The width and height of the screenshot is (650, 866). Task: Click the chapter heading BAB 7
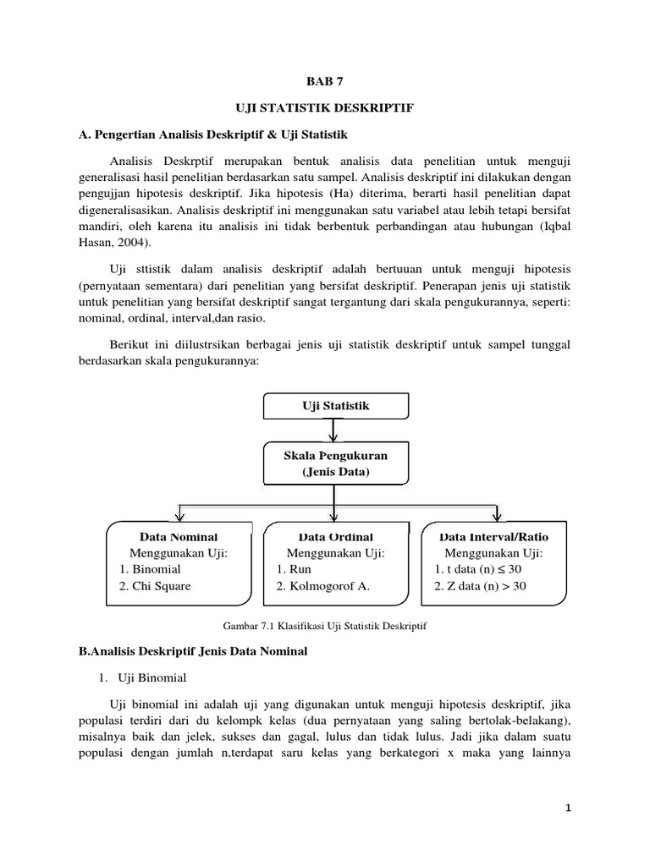coord(326,81)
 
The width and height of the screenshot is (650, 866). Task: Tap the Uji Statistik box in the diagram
coord(335,407)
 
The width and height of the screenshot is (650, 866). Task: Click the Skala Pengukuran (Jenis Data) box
coord(335,463)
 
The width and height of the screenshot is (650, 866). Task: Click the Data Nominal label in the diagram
coord(178,537)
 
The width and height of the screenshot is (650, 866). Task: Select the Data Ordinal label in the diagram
coord(335,537)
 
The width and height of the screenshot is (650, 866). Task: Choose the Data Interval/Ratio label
coord(493,537)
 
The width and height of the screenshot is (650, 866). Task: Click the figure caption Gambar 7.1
coord(326,626)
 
